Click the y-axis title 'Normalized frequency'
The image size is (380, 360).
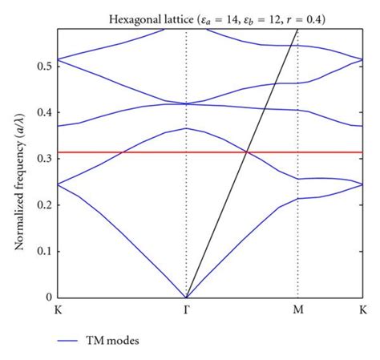pos(18,164)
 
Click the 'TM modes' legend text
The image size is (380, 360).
pos(117,340)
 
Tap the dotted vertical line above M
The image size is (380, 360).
pos(298,241)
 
